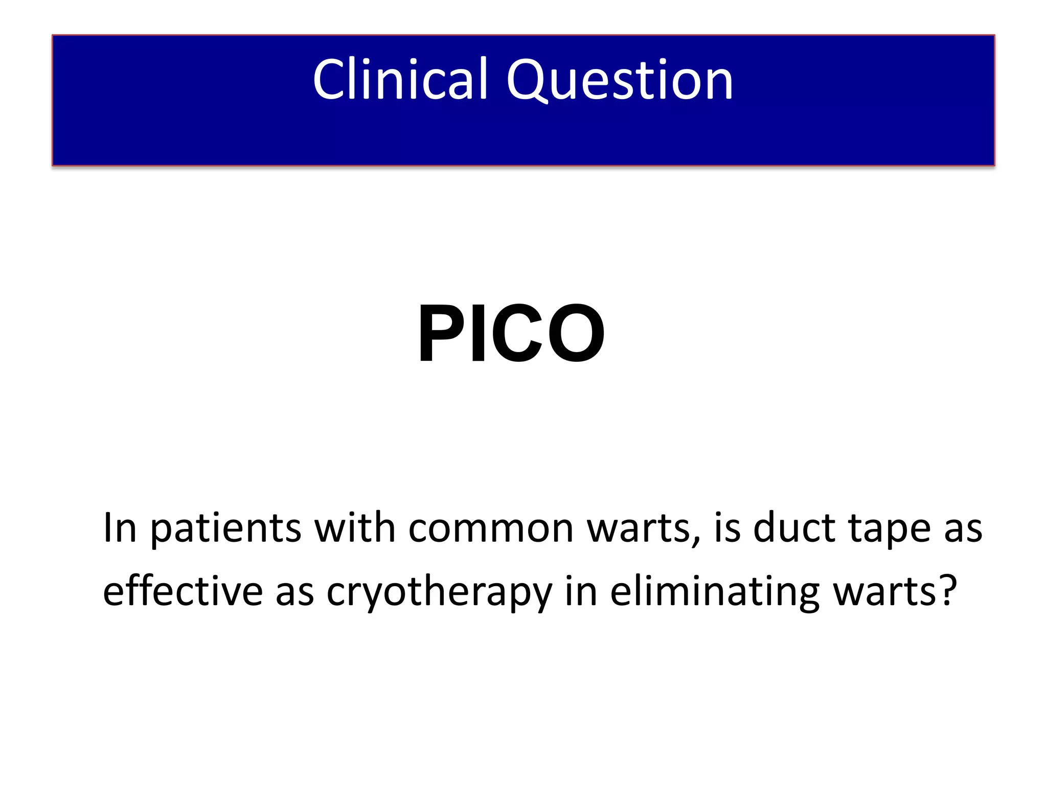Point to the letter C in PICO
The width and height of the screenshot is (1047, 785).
click(x=513, y=333)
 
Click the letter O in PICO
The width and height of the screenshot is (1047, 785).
click(x=575, y=333)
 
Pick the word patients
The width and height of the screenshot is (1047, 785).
click(x=225, y=528)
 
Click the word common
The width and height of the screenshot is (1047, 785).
click(x=491, y=528)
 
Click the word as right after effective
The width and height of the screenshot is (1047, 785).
click(x=294, y=593)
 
